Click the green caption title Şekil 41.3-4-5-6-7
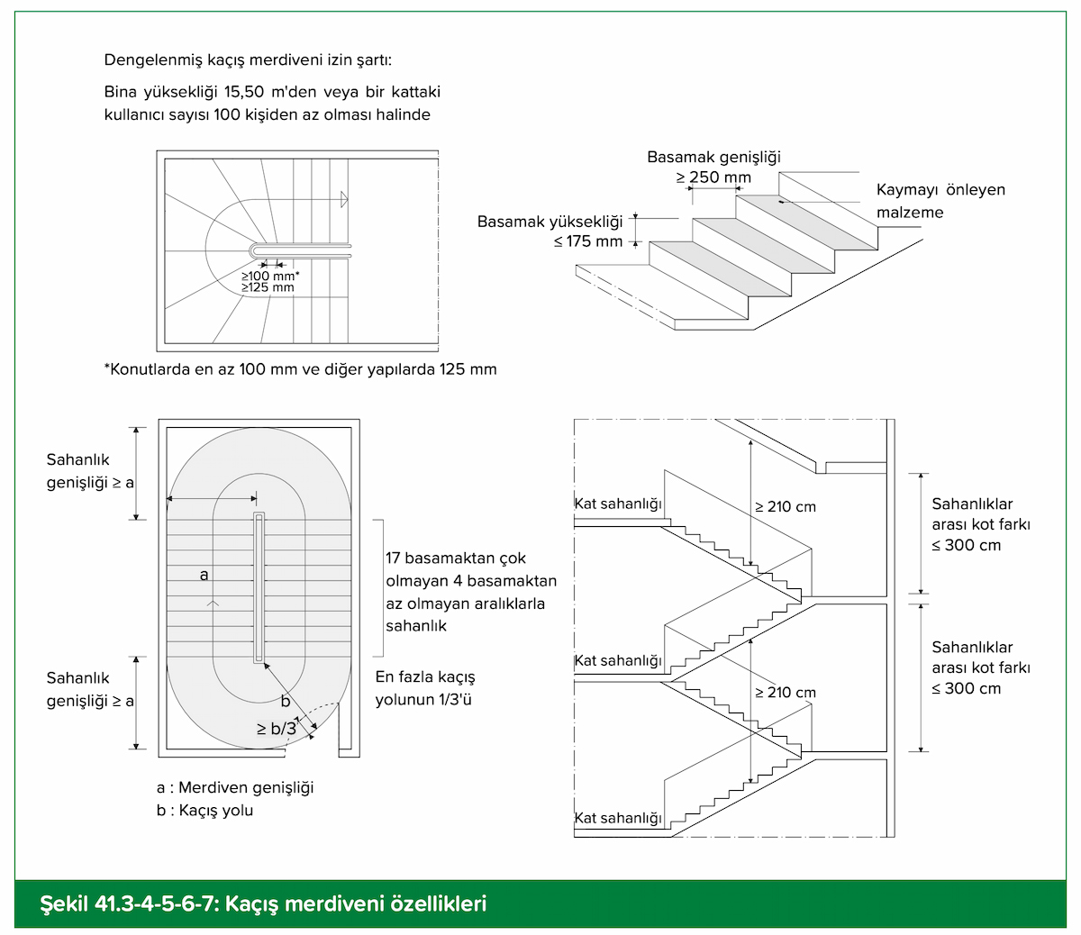point(263,903)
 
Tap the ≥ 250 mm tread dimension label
point(713,177)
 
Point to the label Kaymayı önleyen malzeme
point(940,201)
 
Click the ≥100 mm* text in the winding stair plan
point(269,276)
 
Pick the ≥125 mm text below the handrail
point(268,287)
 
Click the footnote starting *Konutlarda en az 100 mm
point(300,369)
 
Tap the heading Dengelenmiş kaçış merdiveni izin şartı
point(248,61)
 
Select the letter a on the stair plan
point(204,574)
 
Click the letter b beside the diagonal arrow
point(286,701)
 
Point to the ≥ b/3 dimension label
point(276,729)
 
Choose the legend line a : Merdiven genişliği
point(235,788)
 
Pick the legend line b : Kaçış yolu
point(204,810)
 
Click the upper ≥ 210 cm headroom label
point(786,507)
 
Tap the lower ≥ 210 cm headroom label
point(786,693)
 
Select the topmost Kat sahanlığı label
point(618,504)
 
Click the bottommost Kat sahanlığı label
point(618,818)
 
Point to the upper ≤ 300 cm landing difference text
point(966,545)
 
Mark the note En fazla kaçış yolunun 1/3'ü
point(425,688)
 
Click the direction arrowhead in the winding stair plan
point(344,199)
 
